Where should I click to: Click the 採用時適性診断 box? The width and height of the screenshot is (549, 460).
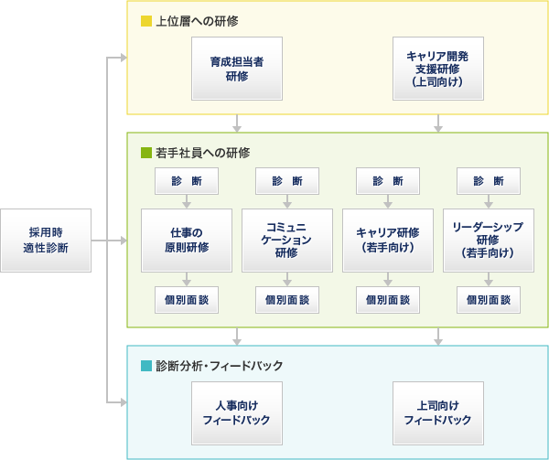(x=46, y=241)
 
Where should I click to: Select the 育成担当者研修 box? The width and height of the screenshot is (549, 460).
(x=237, y=68)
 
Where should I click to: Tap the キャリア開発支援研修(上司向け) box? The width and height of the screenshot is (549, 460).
(x=437, y=68)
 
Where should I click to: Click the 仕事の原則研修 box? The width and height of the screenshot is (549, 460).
(x=187, y=241)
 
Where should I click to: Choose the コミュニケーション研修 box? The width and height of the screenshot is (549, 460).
(x=287, y=241)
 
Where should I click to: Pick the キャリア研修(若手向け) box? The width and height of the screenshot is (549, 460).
(x=388, y=241)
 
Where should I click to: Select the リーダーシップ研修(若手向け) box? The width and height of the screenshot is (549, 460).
(x=489, y=241)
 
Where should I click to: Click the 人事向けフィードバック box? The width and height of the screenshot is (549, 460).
(x=237, y=413)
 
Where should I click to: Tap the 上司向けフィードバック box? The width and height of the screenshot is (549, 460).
(x=437, y=413)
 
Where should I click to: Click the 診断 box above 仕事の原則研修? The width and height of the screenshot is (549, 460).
(x=187, y=181)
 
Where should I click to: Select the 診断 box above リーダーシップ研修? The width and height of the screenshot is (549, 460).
(x=489, y=181)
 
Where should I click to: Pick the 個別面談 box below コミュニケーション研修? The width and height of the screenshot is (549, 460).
(x=287, y=300)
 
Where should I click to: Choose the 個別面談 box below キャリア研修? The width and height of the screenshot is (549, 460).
(x=388, y=300)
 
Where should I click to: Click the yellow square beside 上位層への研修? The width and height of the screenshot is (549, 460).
(x=145, y=21)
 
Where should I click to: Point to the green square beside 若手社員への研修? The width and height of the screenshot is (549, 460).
(x=145, y=153)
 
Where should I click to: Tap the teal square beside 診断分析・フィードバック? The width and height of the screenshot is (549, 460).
(x=145, y=366)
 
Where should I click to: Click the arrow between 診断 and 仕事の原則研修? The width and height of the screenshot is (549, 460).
(x=187, y=202)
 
